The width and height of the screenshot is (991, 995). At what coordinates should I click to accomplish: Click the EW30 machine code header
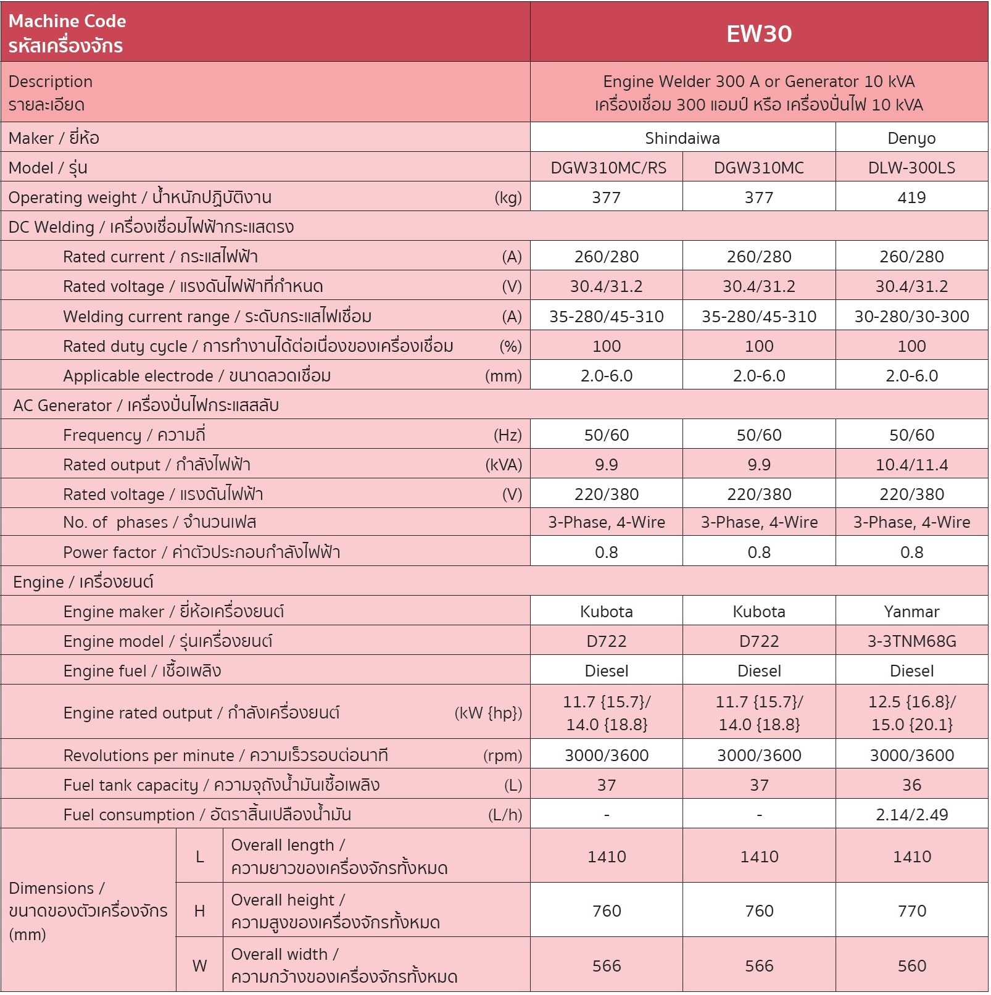pyautogui.click(x=758, y=33)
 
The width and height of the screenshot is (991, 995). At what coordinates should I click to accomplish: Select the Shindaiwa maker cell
pyautogui.click(x=682, y=138)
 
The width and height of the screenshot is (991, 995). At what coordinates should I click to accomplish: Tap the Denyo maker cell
pyautogui.click(x=911, y=138)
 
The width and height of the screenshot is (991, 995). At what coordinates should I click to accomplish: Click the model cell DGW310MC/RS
pyautogui.click(x=608, y=168)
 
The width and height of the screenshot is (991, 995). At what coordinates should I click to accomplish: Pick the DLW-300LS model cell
pyautogui.click(x=911, y=168)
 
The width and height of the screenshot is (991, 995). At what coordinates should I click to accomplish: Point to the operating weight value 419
pyautogui.click(x=911, y=198)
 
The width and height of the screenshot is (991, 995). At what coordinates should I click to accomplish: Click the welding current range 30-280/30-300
pyautogui.click(x=911, y=317)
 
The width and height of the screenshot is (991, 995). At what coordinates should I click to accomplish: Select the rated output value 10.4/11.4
pyautogui.click(x=911, y=465)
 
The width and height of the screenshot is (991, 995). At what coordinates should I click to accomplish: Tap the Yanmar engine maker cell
pyautogui.click(x=911, y=612)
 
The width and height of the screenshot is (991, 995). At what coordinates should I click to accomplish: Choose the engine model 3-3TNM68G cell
pyautogui.click(x=911, y=641)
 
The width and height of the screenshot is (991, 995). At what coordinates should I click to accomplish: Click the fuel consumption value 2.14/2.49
pyautogui.click(x=911, y=815)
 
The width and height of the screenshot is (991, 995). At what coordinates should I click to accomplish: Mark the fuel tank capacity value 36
pyautogui.click(x=911, y=785)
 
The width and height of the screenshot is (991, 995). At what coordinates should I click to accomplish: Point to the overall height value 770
pyautogui.click(x=911, y=911)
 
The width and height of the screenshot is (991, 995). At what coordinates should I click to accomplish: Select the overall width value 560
pyautogui.click(x=911, y=966)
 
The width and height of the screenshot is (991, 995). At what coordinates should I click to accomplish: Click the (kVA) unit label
pyautogui.click(x=504, y=465)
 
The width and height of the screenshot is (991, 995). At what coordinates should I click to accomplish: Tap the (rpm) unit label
pyautogui.click(x=502, y=756)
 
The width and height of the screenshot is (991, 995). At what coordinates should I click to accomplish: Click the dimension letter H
pyautogui.click(x=199, y=911)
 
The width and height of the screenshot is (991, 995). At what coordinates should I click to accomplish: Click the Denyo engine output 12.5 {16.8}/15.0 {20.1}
pyautogui.click(x=911, y=713)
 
